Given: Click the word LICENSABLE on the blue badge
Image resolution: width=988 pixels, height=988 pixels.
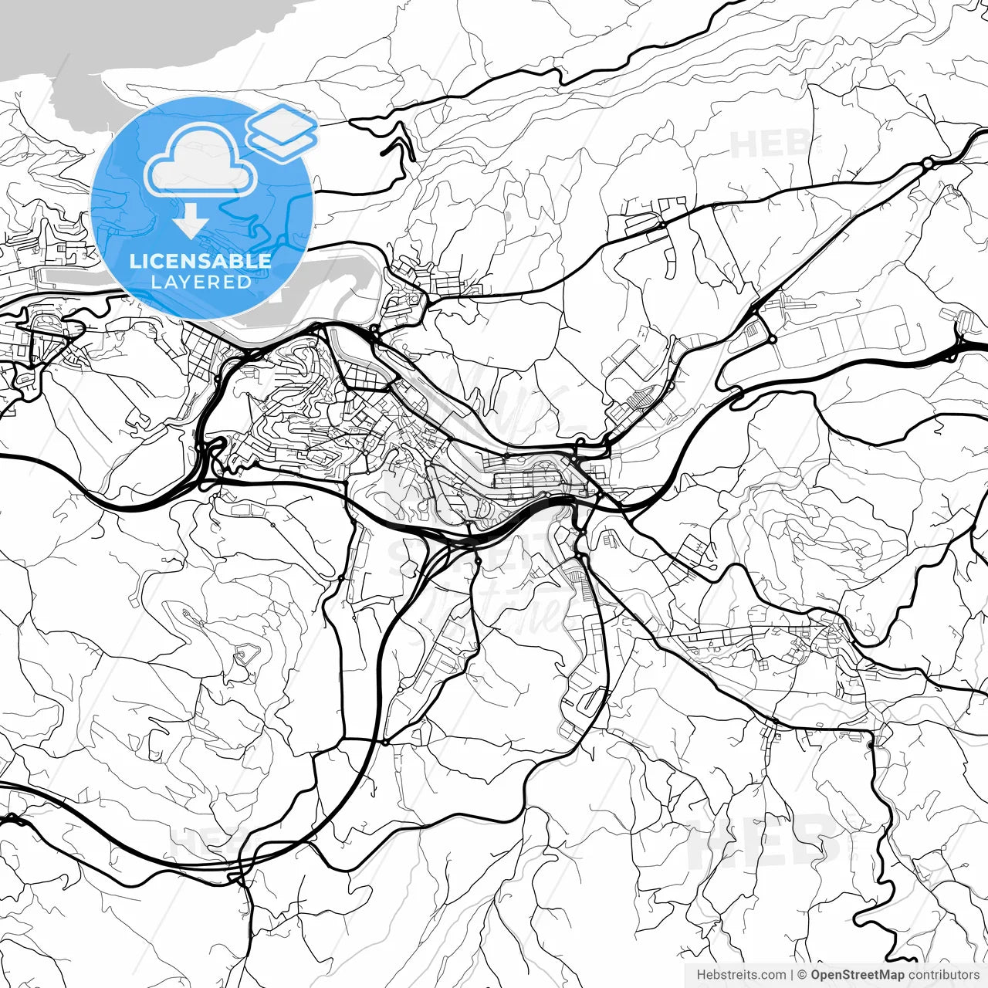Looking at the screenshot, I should tap(201, 261).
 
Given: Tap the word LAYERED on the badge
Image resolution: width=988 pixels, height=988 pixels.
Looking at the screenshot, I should tap(201, 282).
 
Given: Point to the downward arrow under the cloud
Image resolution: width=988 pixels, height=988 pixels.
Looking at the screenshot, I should tap(190, 223).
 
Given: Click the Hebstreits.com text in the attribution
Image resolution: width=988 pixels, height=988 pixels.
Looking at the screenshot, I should tap(741, 975).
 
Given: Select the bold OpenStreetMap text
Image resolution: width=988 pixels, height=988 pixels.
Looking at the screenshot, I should tap(857, 975).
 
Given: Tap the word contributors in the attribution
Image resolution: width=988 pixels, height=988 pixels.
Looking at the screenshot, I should tap(943, 975).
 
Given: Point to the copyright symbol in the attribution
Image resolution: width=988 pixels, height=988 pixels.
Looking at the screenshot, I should tap(803, 975).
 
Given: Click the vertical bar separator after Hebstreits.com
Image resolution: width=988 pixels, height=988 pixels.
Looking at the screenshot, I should tap(793, 975).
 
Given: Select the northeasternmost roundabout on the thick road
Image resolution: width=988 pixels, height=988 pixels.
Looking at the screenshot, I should tap(926, 164).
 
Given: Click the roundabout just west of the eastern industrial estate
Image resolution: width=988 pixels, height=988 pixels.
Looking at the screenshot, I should tap(771, 340).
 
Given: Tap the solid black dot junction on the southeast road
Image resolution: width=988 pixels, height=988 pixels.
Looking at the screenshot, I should tap(871, 745).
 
